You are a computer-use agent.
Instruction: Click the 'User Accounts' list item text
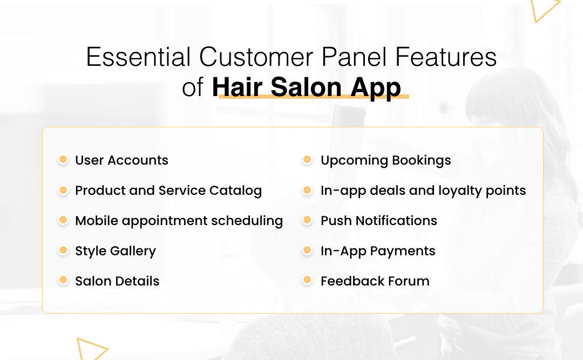(121, 160)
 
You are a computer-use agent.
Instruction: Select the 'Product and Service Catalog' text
(168, 191)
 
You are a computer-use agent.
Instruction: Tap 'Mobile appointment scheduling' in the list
(179, 221)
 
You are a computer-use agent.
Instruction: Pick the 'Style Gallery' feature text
(116, 251)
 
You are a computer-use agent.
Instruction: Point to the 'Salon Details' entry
(117, 281)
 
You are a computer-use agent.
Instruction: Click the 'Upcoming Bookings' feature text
(385, 160)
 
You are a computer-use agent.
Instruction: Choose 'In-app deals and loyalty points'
(423, 191)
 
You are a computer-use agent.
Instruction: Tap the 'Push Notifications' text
(378, 221)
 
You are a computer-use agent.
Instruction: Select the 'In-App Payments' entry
(378, 251)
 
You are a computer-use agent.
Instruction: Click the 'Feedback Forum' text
(375, 281)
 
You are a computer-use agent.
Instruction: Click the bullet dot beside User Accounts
(63, 160)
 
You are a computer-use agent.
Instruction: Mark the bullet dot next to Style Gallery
(63, 250)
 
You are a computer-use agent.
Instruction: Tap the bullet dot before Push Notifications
(308, 220)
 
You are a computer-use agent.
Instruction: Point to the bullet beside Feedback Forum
(308, 280)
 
